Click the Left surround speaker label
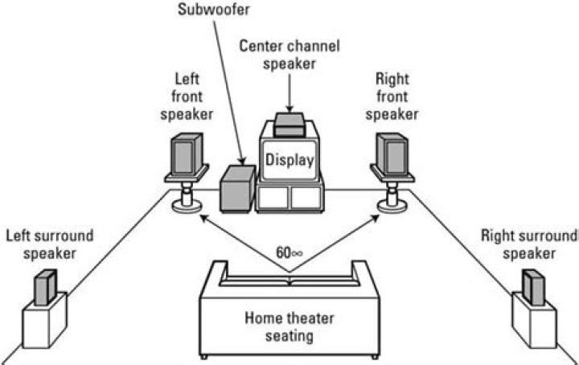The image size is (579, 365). [x=50, y=244]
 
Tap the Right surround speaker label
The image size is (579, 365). [x=528, y=244]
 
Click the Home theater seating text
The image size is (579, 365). [x=289, y=326]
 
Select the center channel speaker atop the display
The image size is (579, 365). [x=289, y=124]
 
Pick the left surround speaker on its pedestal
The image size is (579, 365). [x=44, y=286]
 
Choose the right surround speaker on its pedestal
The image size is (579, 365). [x=533, y=286]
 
